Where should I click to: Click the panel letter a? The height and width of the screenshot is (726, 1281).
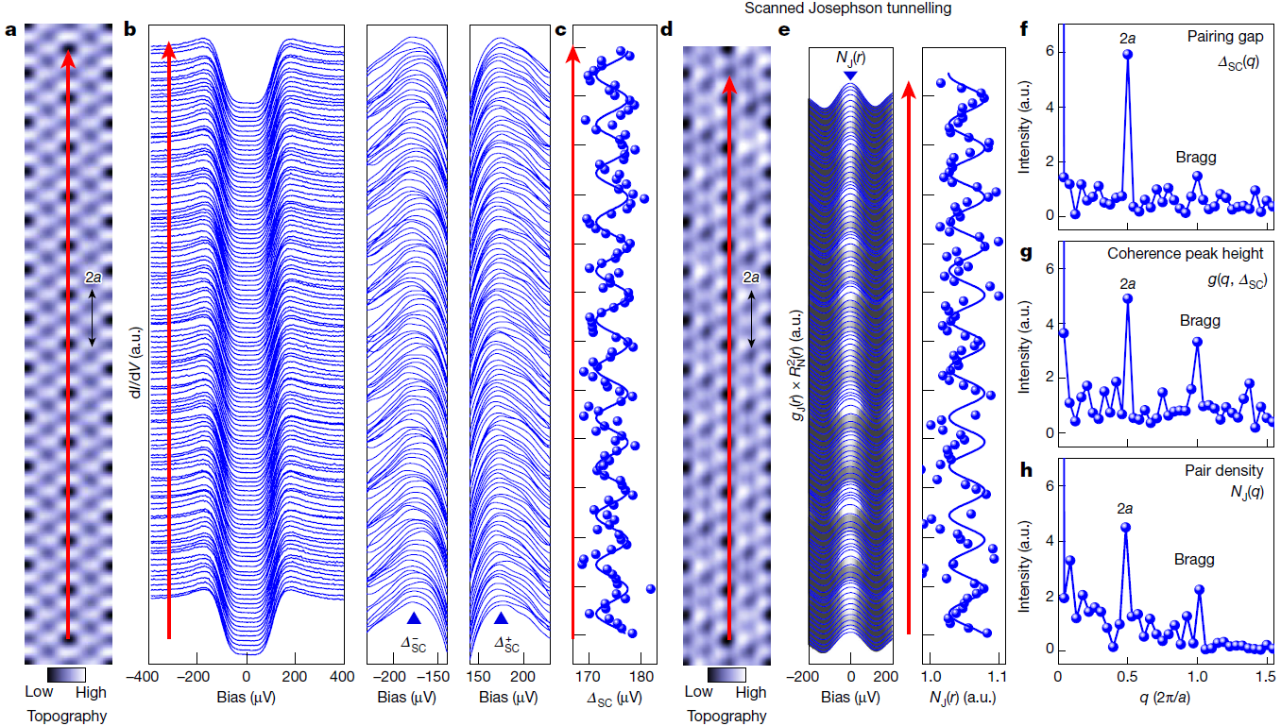(x=10, y=29)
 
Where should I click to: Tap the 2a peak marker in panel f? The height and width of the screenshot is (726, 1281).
(x=1127, y=55)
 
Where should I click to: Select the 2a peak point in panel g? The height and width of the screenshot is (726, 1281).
(x=1127, y=298)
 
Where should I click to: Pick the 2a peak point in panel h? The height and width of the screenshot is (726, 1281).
(x=1125, y=528)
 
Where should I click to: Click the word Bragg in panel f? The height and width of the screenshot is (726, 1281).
(x=1196, y=157)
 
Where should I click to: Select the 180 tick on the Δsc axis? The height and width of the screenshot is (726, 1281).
(x=641, y=677)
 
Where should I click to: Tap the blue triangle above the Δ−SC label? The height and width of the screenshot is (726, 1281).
(x=414, y=618)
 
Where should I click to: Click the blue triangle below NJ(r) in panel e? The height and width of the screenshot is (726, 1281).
(x=851, y=76)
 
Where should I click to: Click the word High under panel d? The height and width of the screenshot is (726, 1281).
(x=751, y=692)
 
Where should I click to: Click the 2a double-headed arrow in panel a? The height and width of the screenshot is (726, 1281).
(x=92, y=317)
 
